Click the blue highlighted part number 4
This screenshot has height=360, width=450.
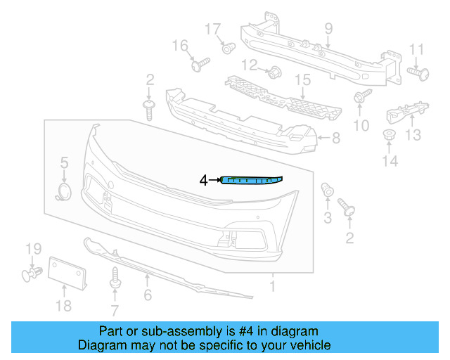[x=252, y=181]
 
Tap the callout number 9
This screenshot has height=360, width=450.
[x=328, y=29]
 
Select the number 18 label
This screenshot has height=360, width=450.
[x=63, y=305]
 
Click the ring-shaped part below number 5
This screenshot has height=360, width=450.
[x=64, y=193]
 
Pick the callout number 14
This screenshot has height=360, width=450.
[x=390, y=161]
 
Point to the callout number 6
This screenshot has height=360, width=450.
[x=148, y=295]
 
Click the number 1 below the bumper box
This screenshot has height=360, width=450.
[x=273, y=287]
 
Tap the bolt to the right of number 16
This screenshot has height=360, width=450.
[x=200, y=65]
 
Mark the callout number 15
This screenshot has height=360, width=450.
[x=302, y=80]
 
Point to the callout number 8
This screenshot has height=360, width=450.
[x=335, y=139]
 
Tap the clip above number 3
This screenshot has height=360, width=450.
[x=327, y=189]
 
